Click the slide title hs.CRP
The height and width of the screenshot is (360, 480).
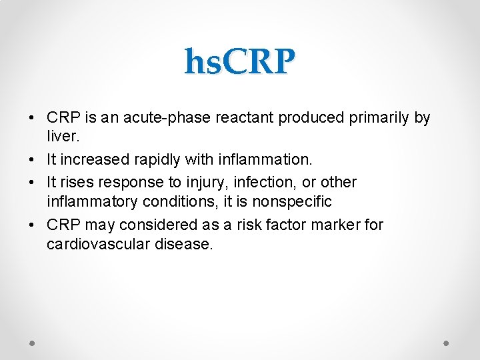pos(239,62)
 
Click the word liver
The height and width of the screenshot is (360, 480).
pos(63,138)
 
